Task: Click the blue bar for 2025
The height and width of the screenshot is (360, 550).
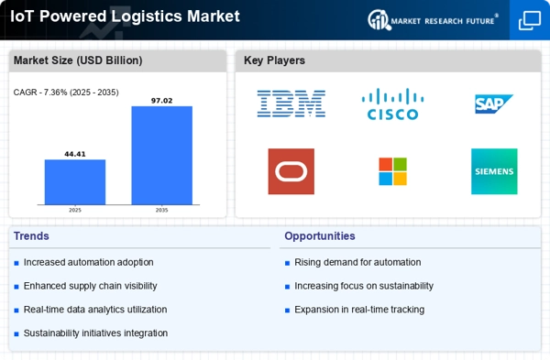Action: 75,182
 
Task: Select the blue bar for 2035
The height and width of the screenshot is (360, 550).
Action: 161,156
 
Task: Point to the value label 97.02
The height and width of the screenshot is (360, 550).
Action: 161,101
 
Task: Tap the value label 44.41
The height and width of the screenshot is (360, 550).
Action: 75,154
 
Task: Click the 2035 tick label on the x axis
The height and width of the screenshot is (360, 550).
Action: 161,210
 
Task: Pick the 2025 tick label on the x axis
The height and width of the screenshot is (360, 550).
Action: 75,210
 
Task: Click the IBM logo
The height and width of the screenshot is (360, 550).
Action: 291,104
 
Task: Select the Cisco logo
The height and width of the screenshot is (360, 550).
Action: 392,104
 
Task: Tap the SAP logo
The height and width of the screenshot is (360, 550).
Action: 494,104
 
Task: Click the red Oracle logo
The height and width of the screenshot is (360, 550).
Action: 291,171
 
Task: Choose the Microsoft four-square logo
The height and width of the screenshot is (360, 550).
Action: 393,171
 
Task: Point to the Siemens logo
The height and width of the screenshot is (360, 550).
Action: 494,171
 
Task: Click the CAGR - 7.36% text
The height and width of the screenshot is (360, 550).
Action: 66,93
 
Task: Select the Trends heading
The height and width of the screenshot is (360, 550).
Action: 31,236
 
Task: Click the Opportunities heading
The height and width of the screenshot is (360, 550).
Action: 320,236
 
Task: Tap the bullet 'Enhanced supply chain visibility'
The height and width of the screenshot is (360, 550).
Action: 90,286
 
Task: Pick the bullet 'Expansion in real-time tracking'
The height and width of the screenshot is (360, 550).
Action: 359,310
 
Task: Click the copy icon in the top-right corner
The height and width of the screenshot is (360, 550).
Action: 530,20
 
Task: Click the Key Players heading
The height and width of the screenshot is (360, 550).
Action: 274,60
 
